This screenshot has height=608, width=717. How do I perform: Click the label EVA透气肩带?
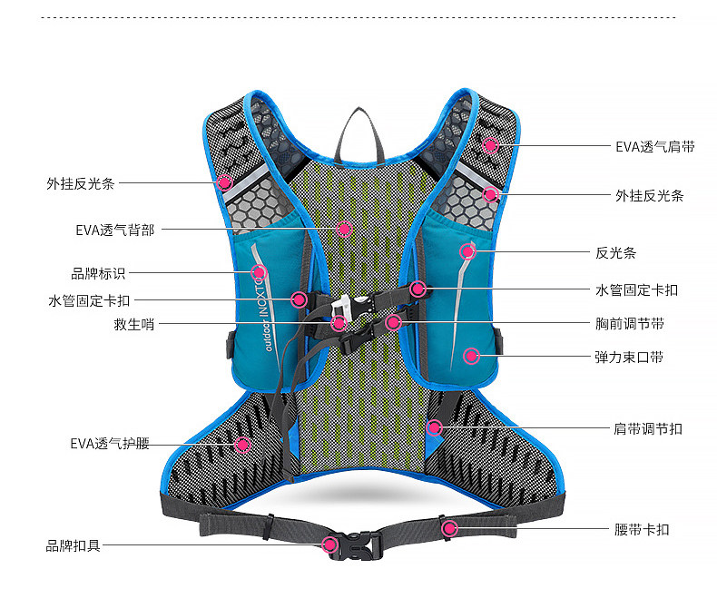click(654, 146)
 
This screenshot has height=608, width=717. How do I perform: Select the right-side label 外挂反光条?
click(649, 195)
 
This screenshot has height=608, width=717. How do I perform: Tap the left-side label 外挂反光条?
click(81, 182)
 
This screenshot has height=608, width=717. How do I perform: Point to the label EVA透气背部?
click(114, 230)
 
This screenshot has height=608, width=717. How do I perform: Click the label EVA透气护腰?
click(109, 444)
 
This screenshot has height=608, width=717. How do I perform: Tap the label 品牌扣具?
click(74, 545)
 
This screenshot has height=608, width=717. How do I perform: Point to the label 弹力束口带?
click(629, 357)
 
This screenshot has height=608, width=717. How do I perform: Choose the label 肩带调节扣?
click(648, 428)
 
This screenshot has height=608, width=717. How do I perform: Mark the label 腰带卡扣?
click(642, 529)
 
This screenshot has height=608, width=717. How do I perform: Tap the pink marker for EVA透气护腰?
click(242, 444)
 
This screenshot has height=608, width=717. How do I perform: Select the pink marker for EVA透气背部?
click(344, 229)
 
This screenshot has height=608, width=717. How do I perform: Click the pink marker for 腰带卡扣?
click(448, 528)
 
